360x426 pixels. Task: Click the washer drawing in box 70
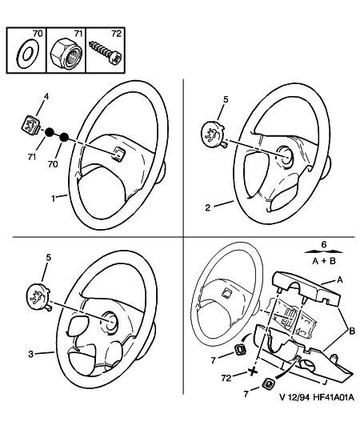click(x=28, y=53)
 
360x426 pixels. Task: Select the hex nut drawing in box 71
click(x=66, y=54)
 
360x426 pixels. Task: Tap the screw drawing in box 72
click(x=106, y=52)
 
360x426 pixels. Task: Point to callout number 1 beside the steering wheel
click(x=54, y=199)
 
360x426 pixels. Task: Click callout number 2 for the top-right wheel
click(x=208, y=208)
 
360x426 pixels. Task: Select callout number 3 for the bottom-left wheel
click(x=30, y=354)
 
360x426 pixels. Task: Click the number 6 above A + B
click(x=324, y=244)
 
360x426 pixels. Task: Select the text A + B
click(x=324, y=261)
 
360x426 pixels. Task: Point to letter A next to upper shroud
click(x=339, y=279)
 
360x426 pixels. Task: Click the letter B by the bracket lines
click(x=351, y=331)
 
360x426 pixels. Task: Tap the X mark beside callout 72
click(x=253, y=372)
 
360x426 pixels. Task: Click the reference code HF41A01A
click(x=334, y=397)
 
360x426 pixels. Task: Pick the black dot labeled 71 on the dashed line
click(x=50, y=132)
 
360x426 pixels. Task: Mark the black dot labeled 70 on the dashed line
click(x=64, y=137)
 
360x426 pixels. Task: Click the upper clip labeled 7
click(x=240, y=349)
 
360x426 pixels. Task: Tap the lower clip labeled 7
click(x=269, y=384)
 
